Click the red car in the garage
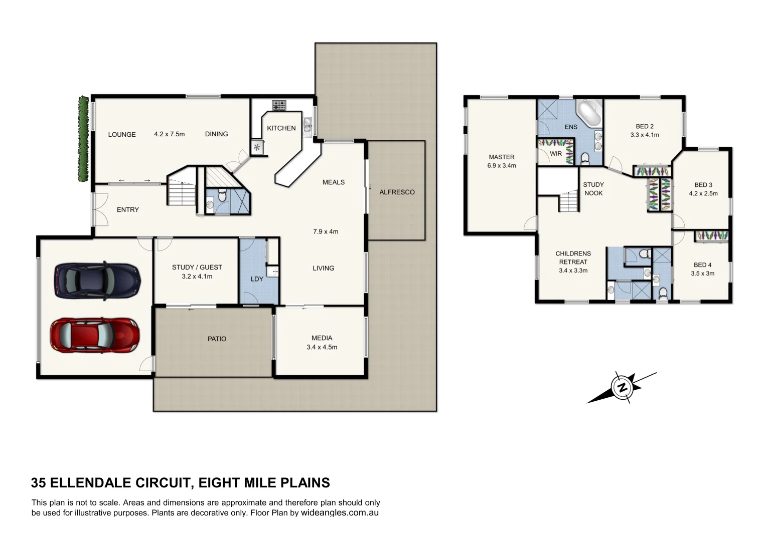click(x=94, y=335)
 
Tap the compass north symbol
click(x=622, y=388)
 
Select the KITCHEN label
click(x=281, y=128)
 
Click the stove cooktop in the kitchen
click(x=279, y=105)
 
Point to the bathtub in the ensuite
click(x=589, y=114)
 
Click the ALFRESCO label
click(x=397, y=192)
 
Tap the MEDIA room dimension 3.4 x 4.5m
click(x=322, y=347)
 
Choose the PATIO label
click(x=217, y=339)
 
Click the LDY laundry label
click(x=256, y=279)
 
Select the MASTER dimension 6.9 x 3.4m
click(x=501, y=165)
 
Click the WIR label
click(x=556, y=154)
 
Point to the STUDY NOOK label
click(x=593, y=189)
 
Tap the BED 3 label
click(x=703, y=185)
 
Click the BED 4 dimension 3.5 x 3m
click(x=702, y=274)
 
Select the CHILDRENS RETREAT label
click(x=573, y=257)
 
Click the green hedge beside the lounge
click(x=83, y=139)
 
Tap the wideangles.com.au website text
click(x=340, y=513)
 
